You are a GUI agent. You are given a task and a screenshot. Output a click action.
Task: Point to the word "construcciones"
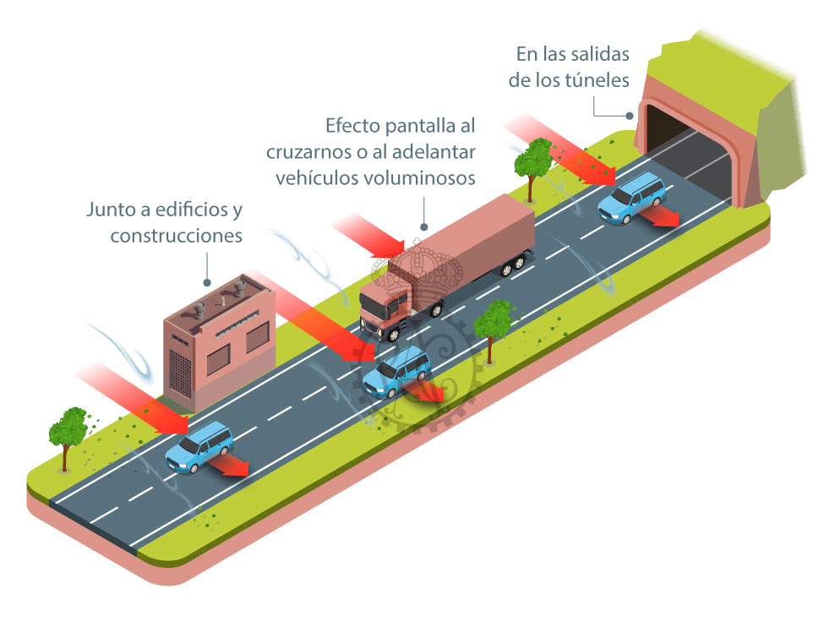pyautogui.click(x=177, y=236)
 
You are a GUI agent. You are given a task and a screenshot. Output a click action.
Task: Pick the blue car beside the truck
pyautogui.click(x=396, y=372)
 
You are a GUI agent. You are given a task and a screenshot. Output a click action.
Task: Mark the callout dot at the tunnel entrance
pyautogui.click(x=630, y=116)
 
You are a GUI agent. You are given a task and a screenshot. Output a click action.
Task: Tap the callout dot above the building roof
pyautogui.click(x=207, y=283)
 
